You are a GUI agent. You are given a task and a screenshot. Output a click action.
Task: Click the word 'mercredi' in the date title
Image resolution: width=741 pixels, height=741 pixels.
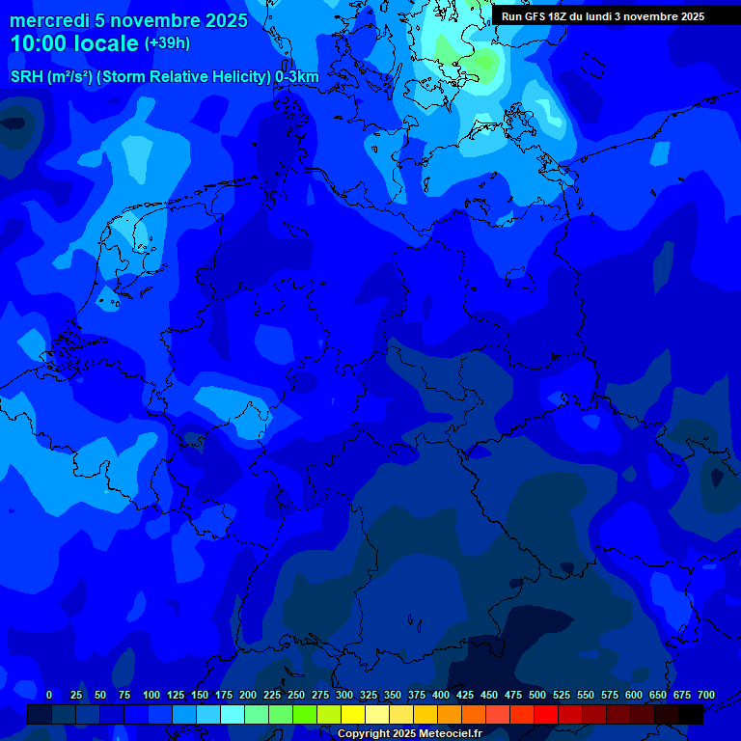point(50,20)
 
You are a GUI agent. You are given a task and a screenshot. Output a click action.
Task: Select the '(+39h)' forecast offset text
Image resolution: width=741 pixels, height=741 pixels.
point(167,43)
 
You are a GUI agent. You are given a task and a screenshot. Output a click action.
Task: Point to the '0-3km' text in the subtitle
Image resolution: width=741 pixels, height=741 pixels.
point(297,77)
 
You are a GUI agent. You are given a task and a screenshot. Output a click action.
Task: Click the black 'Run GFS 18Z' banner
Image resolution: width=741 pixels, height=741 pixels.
point(602,16)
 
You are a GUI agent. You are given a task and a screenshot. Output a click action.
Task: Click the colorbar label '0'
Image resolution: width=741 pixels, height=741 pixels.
point(49,695)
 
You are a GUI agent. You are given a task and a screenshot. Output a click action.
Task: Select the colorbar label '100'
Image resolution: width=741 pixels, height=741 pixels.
point(151,695)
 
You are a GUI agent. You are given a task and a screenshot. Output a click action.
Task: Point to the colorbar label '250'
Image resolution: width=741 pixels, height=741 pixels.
point(296,695)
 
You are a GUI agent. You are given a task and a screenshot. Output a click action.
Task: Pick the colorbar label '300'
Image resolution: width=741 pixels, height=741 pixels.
point(344,695)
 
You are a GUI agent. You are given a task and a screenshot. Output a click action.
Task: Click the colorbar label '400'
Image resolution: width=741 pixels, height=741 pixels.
point(441,695)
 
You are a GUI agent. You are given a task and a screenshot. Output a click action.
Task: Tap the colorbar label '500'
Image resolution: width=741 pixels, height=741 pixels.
point(537,695)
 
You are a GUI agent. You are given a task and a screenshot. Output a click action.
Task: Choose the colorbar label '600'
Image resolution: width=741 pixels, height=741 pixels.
point(634,695)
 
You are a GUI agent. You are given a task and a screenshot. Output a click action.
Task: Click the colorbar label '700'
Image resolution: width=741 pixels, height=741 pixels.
point(706,695)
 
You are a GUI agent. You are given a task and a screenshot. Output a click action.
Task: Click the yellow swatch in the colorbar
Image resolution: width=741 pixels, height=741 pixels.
point(353,715)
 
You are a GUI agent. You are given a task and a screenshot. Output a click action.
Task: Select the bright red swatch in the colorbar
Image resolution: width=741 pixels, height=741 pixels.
point(546,715)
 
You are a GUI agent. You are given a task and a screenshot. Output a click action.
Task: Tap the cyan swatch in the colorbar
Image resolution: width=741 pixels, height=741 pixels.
point(233,715)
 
